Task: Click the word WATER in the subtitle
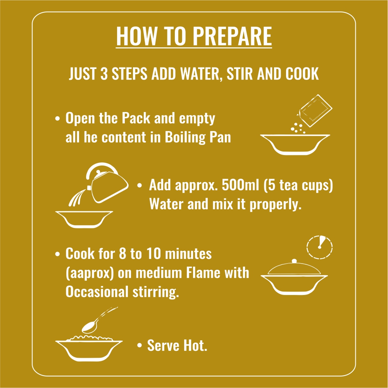[200, 74]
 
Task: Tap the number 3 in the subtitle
[104, 74]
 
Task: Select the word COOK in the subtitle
[302, 74]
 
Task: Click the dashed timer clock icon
[319, 247]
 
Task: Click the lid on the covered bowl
[294, 267]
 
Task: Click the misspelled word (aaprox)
[90, 273]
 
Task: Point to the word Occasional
[97, 291]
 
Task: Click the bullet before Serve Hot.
[140, 346]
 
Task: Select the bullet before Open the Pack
[57, 118]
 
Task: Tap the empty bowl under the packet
[295, 145]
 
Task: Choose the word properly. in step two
[276, 204]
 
